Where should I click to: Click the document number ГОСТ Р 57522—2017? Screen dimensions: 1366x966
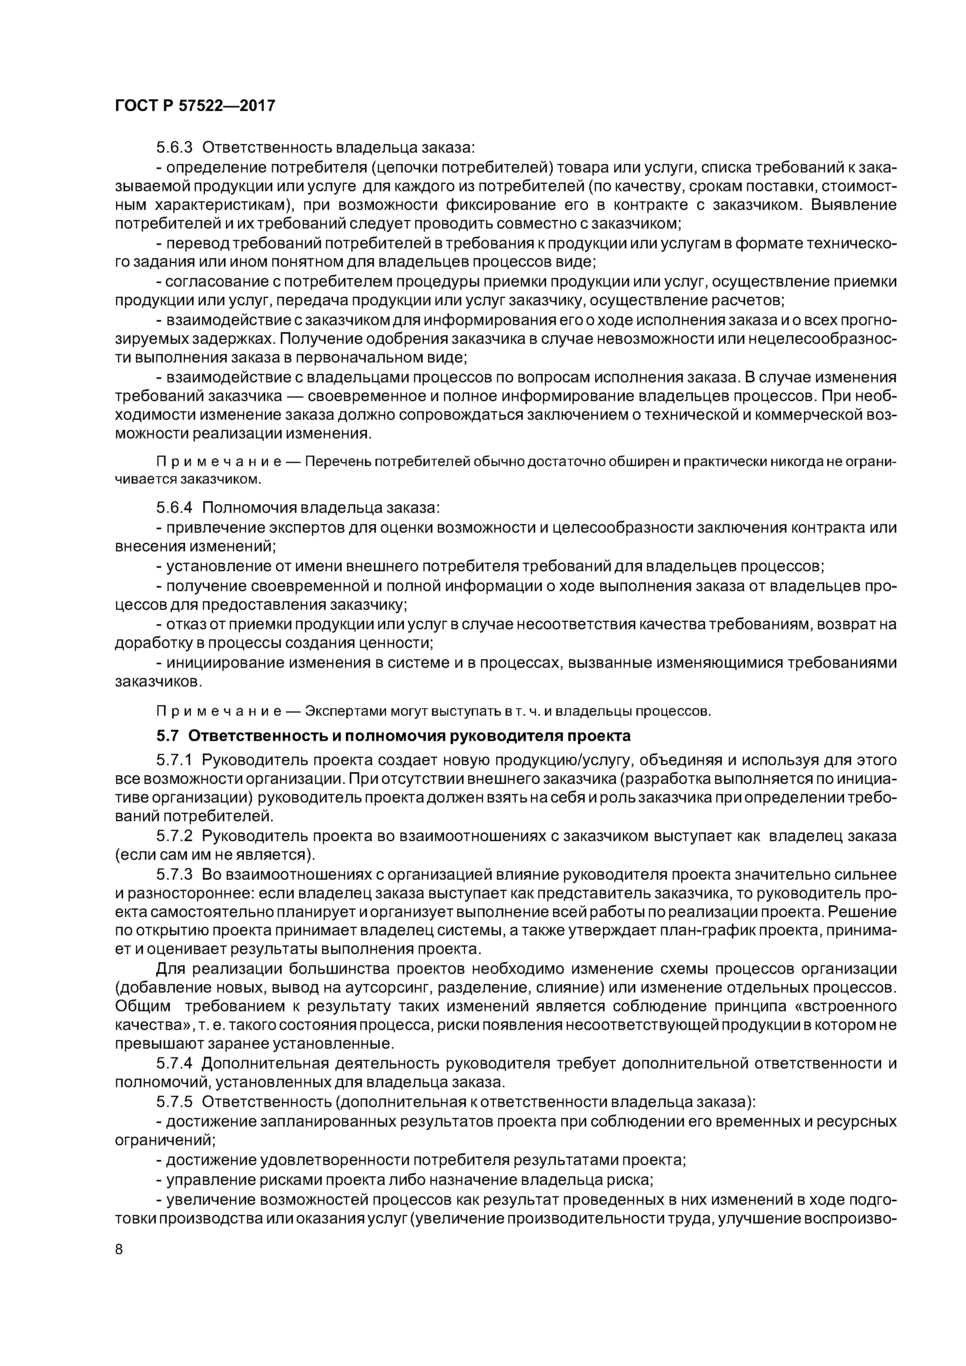click(195, 106)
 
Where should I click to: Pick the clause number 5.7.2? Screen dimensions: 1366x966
click(175, 836)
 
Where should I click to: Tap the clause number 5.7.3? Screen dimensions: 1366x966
click(175, 874)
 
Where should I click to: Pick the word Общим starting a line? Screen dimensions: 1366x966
click(142, 1007)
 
